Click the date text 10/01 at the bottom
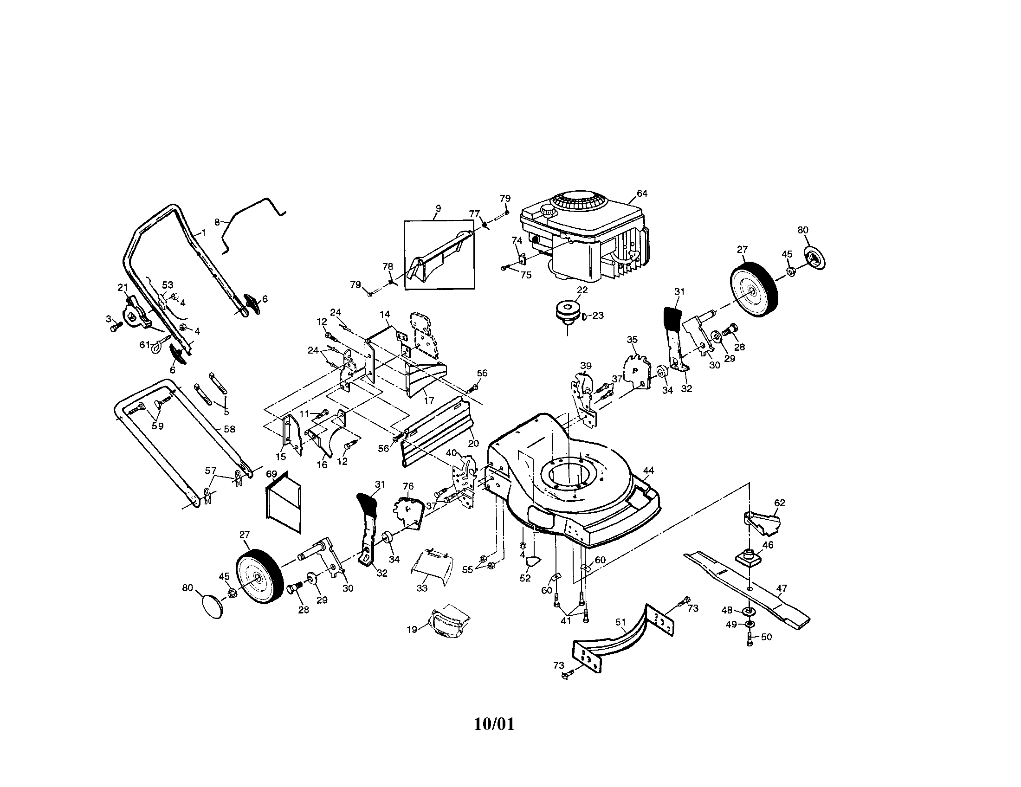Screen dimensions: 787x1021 [494, 724]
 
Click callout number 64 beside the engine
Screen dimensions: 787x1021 [642, 194]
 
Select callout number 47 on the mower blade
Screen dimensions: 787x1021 [782, 589]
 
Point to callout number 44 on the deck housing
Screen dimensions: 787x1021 [648, 470]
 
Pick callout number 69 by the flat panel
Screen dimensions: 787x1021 [271, 474]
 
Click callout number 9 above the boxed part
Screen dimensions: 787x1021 [438, 208]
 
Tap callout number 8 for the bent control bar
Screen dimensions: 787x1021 [217, 222]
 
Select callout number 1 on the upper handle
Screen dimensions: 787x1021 [203, 232]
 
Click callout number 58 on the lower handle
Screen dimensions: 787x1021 [229, 429]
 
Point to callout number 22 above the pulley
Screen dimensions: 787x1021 [582, 290]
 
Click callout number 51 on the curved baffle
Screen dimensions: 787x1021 [620, 622]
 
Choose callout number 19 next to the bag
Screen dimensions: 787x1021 [411, 630]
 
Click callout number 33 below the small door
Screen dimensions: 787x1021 [422, 588]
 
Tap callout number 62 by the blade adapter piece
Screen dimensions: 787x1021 [779, 503]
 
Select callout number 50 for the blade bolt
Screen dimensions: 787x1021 [766, 637]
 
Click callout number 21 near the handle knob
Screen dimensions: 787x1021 [123, 287]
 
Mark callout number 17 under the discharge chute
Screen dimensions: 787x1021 [429, 400]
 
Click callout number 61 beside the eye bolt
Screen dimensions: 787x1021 [145, 345]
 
